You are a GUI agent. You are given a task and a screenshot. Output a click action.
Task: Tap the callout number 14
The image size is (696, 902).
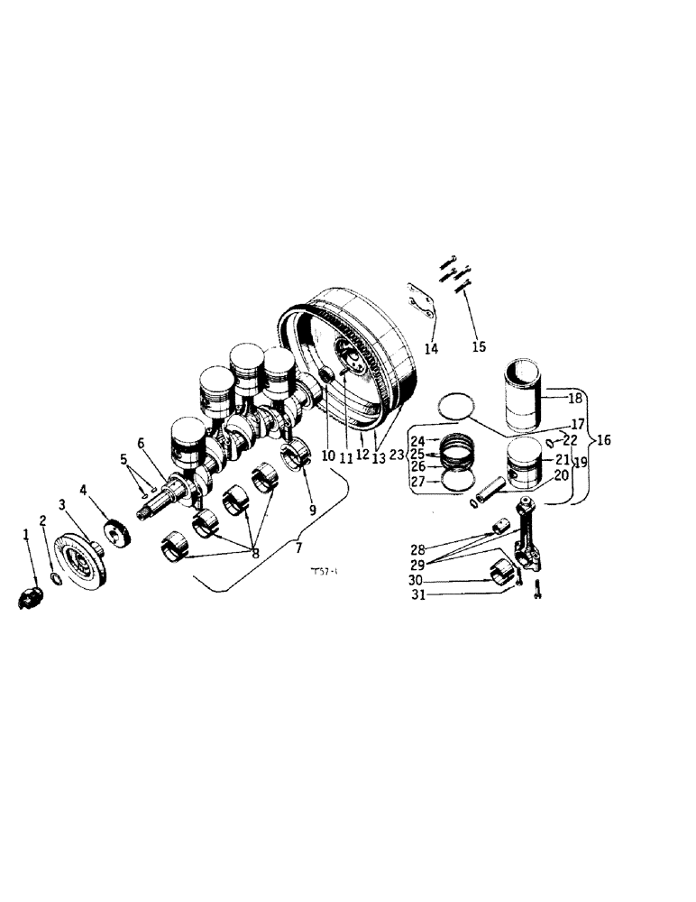point(431,348)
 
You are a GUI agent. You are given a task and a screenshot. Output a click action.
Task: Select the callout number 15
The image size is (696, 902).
point(477,346)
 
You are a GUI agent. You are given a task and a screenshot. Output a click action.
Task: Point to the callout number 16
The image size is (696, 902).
point(602,440)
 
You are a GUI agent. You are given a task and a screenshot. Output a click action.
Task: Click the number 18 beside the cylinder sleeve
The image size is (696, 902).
point(575,399)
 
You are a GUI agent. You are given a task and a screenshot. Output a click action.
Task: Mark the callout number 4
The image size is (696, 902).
point(83,491)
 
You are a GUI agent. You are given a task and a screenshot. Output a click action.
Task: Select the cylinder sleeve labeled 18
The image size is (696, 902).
point(524,397)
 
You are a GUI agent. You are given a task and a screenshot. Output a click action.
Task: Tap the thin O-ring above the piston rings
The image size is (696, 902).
point(458,406)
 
